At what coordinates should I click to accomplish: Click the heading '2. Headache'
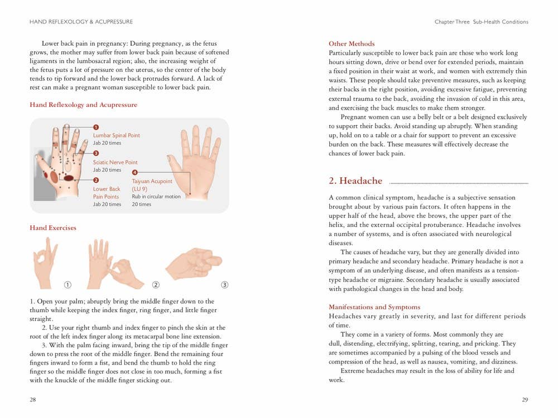(x=355, y=181)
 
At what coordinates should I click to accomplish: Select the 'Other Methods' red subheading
(x=352, y=44)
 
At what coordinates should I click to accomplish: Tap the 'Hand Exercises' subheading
(x=53, y=228)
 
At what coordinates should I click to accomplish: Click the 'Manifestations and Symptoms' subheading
(x=374, y=307)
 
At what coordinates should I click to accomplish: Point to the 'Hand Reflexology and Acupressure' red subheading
(x=83, y=105)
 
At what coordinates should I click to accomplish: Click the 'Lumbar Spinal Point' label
(x=116, y=135)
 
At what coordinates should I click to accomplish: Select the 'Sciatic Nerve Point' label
(x=115, y=162)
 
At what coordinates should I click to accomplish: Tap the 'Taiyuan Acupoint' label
(x=152, y=182)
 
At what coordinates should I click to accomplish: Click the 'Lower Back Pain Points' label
(x=106, y=193)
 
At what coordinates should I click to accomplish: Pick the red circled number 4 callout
(x=134, y=173)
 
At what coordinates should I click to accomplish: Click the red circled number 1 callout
(x=96, y=127)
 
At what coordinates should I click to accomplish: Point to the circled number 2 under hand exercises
(x=156, y=285)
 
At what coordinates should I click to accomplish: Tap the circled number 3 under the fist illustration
(x=225, y=285)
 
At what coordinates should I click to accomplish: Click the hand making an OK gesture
(x=46, y=262)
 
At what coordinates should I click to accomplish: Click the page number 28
(x=33, y=400)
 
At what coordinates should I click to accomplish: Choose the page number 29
(x=525, y=400)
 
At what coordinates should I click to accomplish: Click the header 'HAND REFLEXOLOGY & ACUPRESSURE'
(x=81, y=22)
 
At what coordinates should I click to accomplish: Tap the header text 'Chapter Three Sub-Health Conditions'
(x=481, y=22)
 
